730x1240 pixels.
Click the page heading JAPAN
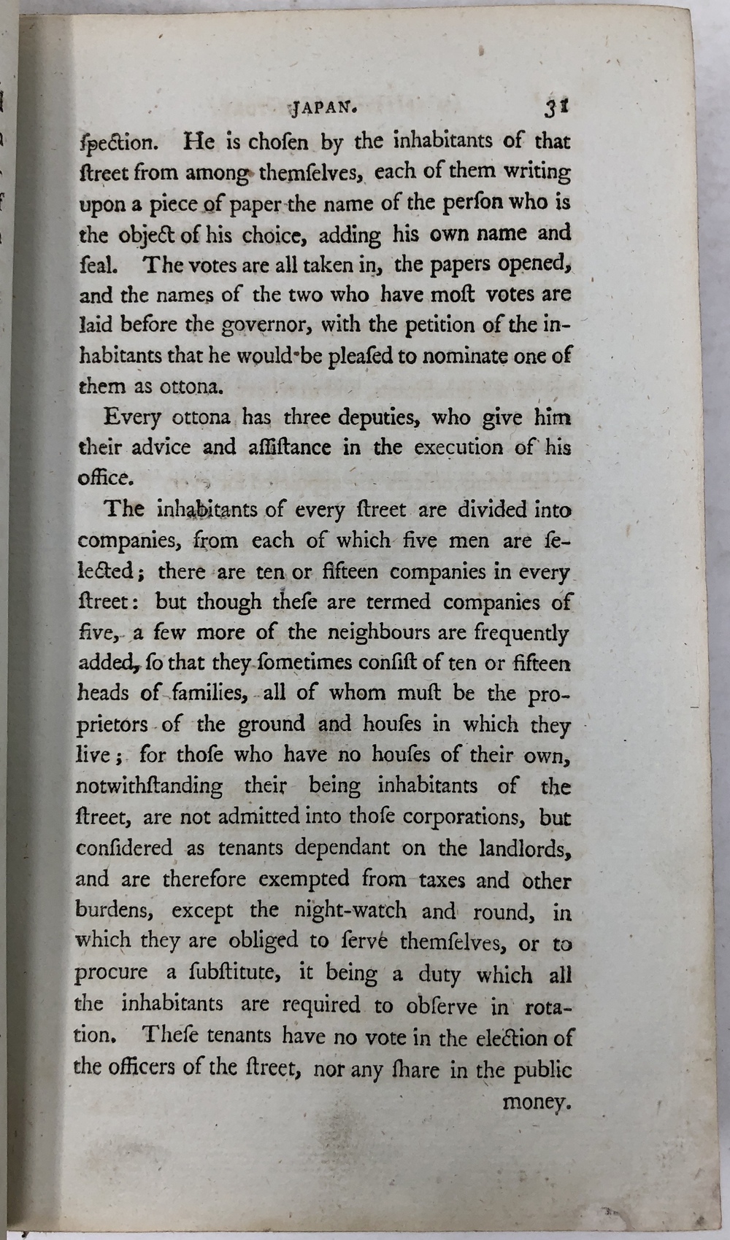(324, 109)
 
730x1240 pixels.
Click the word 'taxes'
(442, 880)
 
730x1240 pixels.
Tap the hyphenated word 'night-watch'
(350, 910)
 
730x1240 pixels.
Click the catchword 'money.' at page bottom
(536, 1102)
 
